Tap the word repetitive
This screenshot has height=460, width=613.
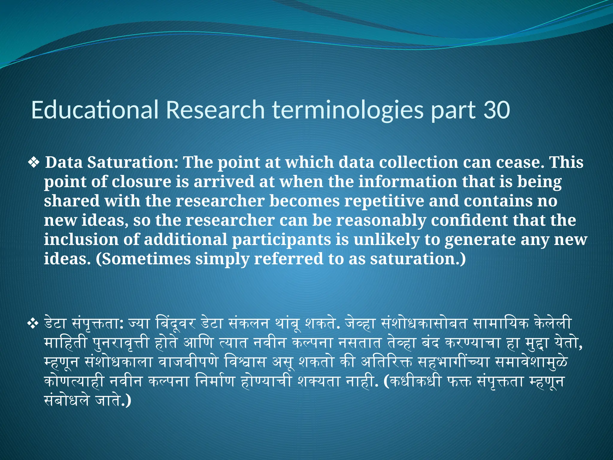(x=384, y=201)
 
